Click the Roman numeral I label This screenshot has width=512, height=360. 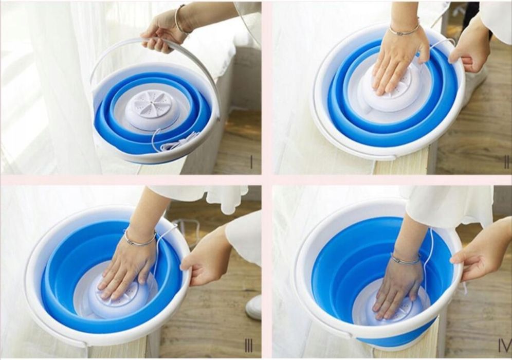coord(251,161)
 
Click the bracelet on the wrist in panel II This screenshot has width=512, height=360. coord(403,30)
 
